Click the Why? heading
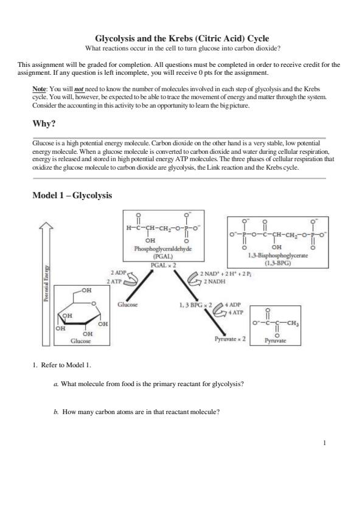(44, 124)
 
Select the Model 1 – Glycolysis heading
(72, 195)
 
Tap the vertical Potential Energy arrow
(47, 284)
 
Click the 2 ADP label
(118, 272)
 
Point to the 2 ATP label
(114, 281)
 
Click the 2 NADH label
(215, 282)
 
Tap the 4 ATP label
(235, 313)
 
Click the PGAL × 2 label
(164, 265)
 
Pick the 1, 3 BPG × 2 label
(196, 305)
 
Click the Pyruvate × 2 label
(230, 339)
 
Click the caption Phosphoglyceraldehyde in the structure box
(163, 249)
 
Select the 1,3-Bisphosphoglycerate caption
(278, 255)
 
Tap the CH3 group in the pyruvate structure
(293, 323)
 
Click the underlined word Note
(40, 89)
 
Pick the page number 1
(324, 443)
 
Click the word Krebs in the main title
(181, 38)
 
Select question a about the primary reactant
(148, 384)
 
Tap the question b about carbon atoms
(136, 412)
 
